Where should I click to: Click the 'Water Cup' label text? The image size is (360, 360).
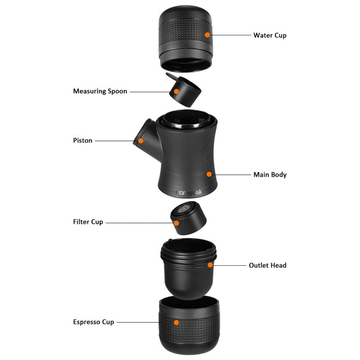pos(269,35)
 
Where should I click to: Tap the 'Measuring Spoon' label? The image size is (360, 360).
pos(100,92)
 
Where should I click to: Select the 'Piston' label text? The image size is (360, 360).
pos(83,140)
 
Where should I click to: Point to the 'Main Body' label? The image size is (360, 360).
pos(269,175)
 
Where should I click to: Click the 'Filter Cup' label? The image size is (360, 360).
pos(88,222)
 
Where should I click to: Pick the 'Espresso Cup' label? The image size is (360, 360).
pos(92,322)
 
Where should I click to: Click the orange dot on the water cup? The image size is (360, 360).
pos(207,35)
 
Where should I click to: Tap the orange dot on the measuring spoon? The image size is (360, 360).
pos(178,92)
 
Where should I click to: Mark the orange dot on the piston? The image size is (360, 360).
pos(141,141)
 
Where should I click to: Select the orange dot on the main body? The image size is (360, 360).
pos(209,175)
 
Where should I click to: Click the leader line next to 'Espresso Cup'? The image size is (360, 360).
pos(144,322)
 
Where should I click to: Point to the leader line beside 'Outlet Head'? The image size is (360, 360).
pos(231,265)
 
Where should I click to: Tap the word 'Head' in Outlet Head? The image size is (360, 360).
pos(278,265)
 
